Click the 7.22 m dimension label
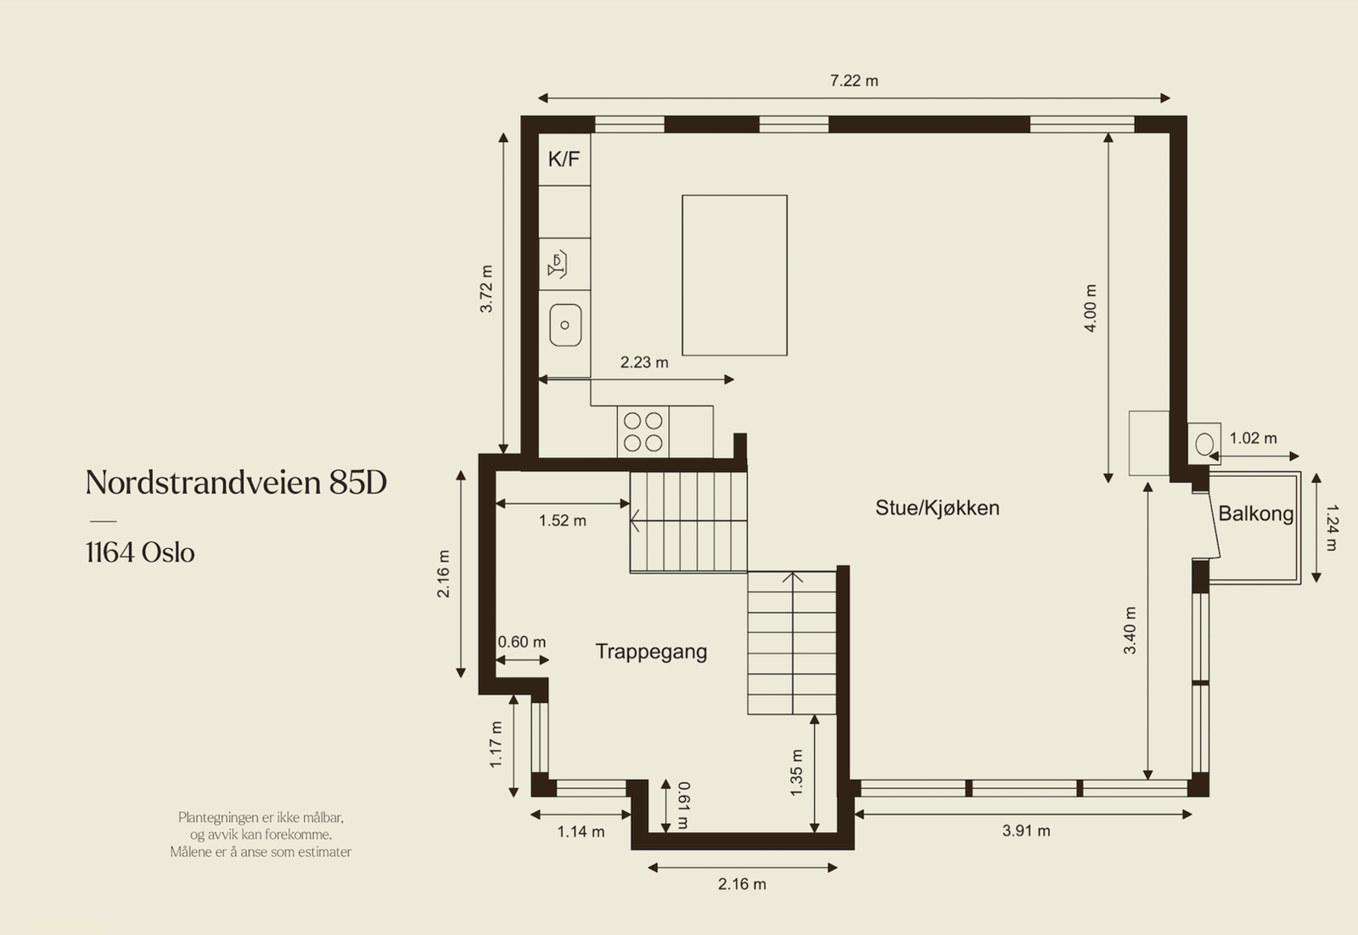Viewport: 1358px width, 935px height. tap(854, 81)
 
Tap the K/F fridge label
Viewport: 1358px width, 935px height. tap(564, 159)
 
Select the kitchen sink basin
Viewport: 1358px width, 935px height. tap(565, 325)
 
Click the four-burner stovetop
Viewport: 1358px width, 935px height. tap(643, 432)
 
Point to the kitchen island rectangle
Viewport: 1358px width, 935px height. tap(734, 275)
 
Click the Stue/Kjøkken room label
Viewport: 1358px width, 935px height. tap(937, 508)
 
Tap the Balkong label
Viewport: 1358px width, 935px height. tap(1255, 513)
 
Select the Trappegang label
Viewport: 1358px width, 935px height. tap(651, 652)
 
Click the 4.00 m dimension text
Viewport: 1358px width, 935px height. tap(1091, 308)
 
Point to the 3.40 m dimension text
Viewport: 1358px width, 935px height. tap(1130, 630)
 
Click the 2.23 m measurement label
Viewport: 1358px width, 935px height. tap(644, 362)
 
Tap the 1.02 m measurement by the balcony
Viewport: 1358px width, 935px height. tap(1253, 439)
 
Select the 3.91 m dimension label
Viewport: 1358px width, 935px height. tap(1026, 831)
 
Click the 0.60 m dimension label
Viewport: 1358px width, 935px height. tap(522, 642)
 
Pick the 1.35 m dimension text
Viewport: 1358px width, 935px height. tap(796, 772)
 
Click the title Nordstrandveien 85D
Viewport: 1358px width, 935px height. tap(236, 483)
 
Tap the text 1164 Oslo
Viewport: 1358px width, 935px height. tap(140, 553)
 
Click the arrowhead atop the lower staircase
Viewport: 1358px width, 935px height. tap(793, 578)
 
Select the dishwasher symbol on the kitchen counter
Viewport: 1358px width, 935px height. tap(558, 265)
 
